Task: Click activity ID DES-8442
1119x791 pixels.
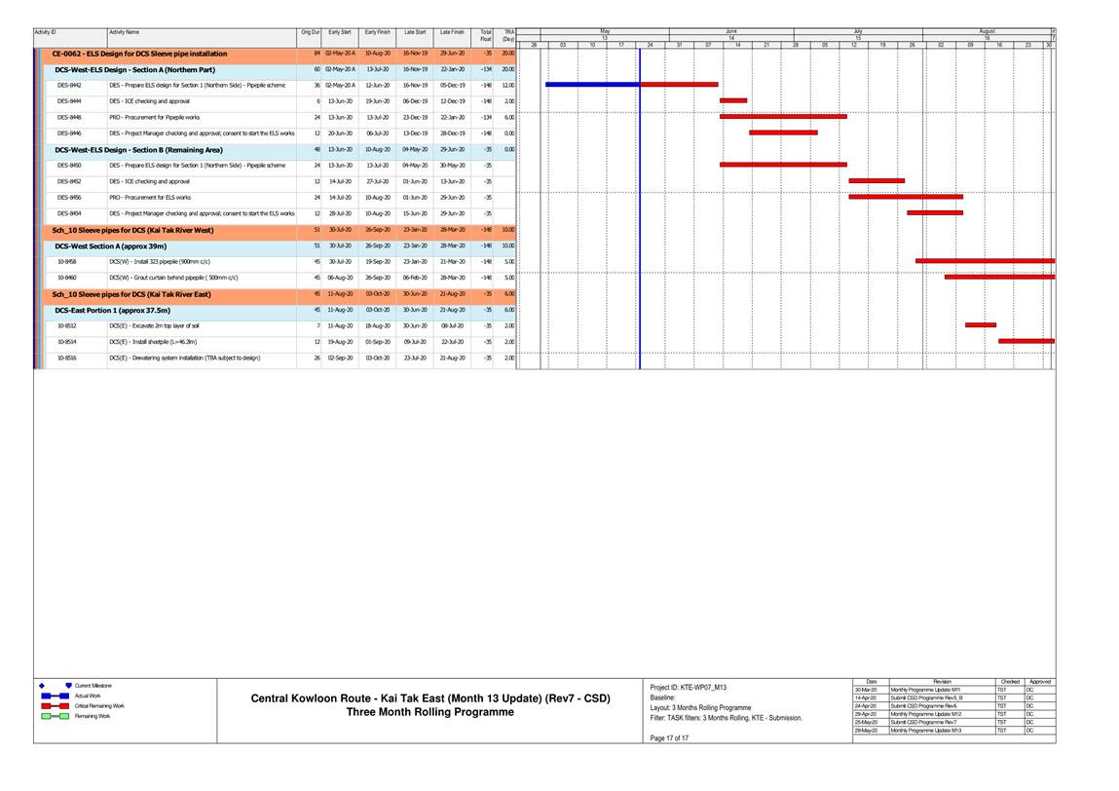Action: (69, 85)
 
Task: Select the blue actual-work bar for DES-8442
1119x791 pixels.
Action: (592, 85)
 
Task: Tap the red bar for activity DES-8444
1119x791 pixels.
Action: (733, 100)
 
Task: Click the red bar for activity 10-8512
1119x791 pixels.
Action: (980, 324)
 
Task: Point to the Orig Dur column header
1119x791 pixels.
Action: (311, 33)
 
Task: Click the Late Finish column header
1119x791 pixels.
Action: (452, 33)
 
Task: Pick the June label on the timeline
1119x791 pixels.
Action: (731, 31)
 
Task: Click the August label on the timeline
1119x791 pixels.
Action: (987, 31)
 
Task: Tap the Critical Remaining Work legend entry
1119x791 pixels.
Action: (99, 705)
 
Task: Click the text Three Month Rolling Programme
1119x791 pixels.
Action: (430, 712)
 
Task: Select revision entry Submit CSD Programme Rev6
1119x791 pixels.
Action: (926, 705)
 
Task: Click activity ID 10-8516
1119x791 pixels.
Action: (67, 358)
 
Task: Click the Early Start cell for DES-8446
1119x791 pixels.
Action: (340, 132)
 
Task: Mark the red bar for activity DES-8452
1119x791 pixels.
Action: (876, 180)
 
